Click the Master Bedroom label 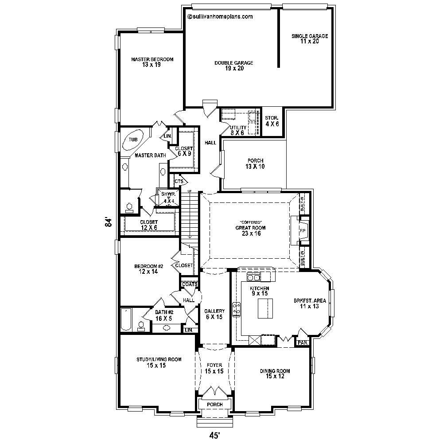(x=152, y=62)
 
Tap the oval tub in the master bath (x=133, y=140)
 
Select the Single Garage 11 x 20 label (x=310, y=39)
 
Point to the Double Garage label (x=234, y=66)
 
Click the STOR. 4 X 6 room (x=272, y=120)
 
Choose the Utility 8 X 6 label (x=237, y=130)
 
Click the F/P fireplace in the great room (x=303, y=231)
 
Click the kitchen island (x=265, y=308)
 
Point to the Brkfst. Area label (x=310, y=303)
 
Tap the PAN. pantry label (x=303, y=342)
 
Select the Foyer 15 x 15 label (x=214, y=368)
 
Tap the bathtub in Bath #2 (x=126, y=319)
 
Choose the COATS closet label (x=189, y=284)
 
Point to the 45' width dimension (x=214, y=435)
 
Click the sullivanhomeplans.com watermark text (x=220, y=17)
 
